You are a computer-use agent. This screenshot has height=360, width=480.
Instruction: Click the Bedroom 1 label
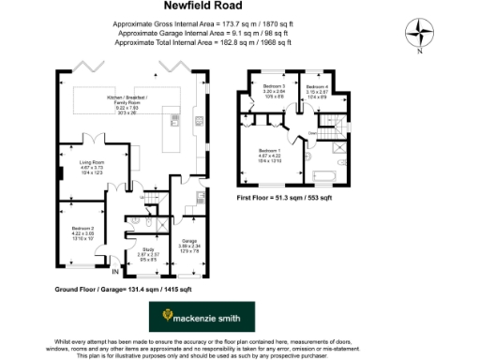(270, 155)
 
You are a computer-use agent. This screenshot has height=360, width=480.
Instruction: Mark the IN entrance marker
(115, 272)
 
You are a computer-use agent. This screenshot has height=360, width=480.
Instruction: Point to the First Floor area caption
(281, 199)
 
